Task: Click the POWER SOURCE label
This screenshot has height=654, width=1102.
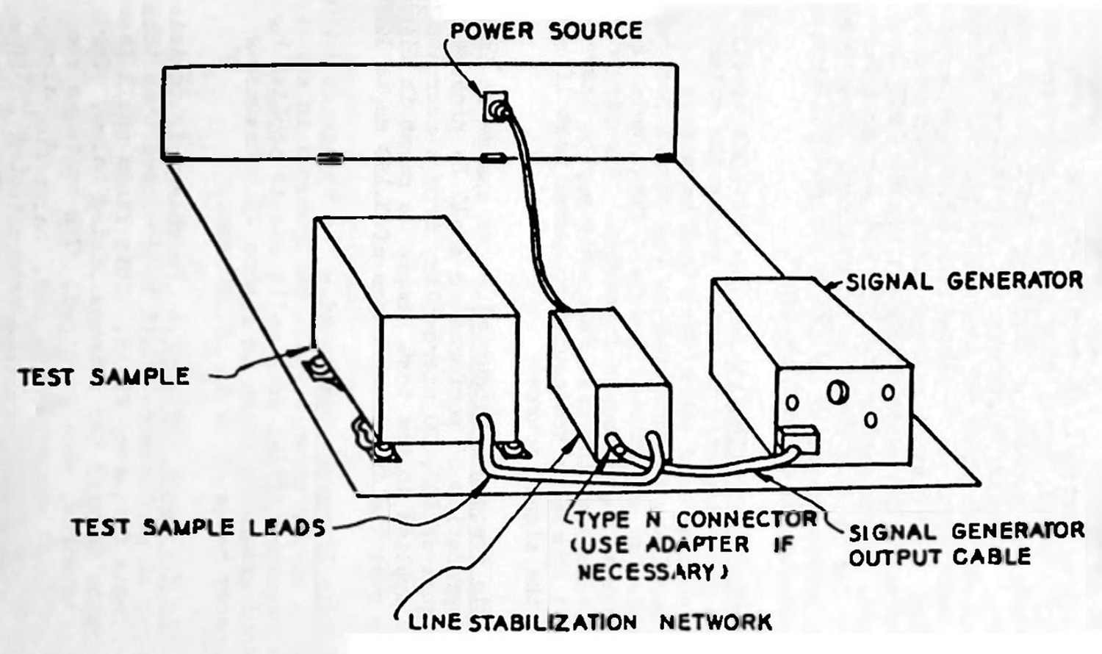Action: pos(545,31)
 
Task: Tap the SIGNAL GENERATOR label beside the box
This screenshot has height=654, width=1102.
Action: pos(964,281)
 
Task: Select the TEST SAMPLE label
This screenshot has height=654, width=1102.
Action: pos(104,377)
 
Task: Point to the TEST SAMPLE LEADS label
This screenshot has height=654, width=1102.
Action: pos(198,527)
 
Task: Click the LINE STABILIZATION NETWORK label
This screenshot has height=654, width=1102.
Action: pos(590,622)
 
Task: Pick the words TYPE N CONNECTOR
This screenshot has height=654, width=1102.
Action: pos(695,520)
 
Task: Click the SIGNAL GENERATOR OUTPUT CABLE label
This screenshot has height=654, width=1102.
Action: pos(965,544)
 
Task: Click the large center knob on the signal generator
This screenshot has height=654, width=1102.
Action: pos(837,392)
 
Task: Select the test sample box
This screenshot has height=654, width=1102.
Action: pos(415,331)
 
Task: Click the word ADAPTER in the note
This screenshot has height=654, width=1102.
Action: pos(698,545)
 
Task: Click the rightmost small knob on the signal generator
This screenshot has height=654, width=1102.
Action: pos(888,392)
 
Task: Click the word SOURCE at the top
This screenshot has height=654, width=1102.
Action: pos(595,31)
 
